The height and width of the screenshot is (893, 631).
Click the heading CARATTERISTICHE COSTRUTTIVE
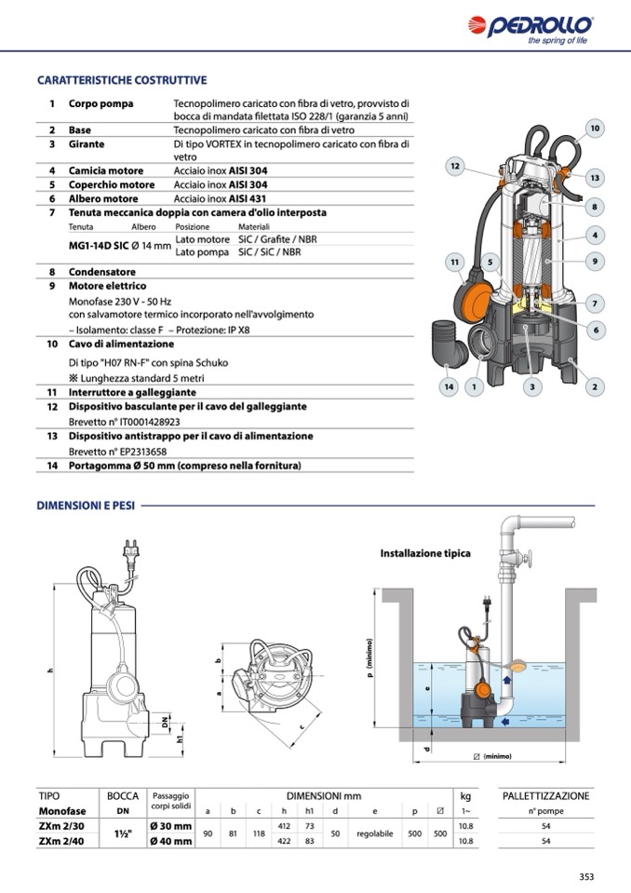pyautogui.click(x=121, y=81)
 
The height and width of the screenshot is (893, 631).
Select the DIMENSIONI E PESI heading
pyautogui.click(x=86, y=506)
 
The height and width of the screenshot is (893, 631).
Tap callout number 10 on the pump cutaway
pyautogui.click(x=595, y=128)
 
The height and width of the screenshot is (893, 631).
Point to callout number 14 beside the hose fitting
pyautogui.click(x=449, y=386)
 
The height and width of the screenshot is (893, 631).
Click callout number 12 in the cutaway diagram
pyautogui.click(x=454, y=167)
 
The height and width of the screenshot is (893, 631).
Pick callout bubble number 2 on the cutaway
pyautogui.click(x=594, y=386)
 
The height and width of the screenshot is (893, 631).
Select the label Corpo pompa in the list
pyautogui.click(x=101, y=103)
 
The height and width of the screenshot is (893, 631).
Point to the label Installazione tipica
pyautogui.click(x=425, y=553)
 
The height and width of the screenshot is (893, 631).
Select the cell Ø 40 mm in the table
pyautogui.click(x=170, y=841)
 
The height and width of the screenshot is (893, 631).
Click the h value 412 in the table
pyautogui.click(x=286, y=826)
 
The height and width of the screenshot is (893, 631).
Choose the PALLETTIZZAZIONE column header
pyautogui.click(x=545, y=796)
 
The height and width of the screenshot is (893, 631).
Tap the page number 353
pyautogui.click(x=586, y=876)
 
